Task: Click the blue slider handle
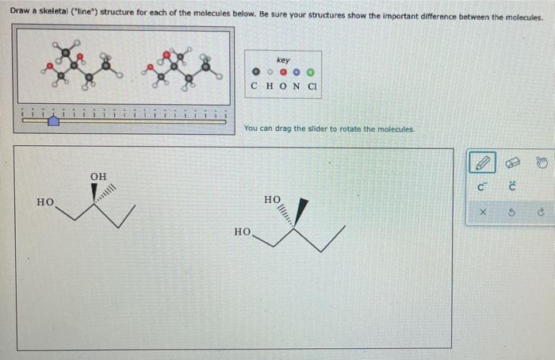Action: pyautogui.click(x=53, y=121)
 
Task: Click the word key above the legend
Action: pyautogui.click(x=283, y=60)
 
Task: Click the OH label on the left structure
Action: pyautogui.click(x=98, y=175)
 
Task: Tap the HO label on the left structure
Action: pyautogui.click(x=45, y=203)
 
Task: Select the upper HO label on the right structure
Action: pyautogui.click(x=272, y=199)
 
